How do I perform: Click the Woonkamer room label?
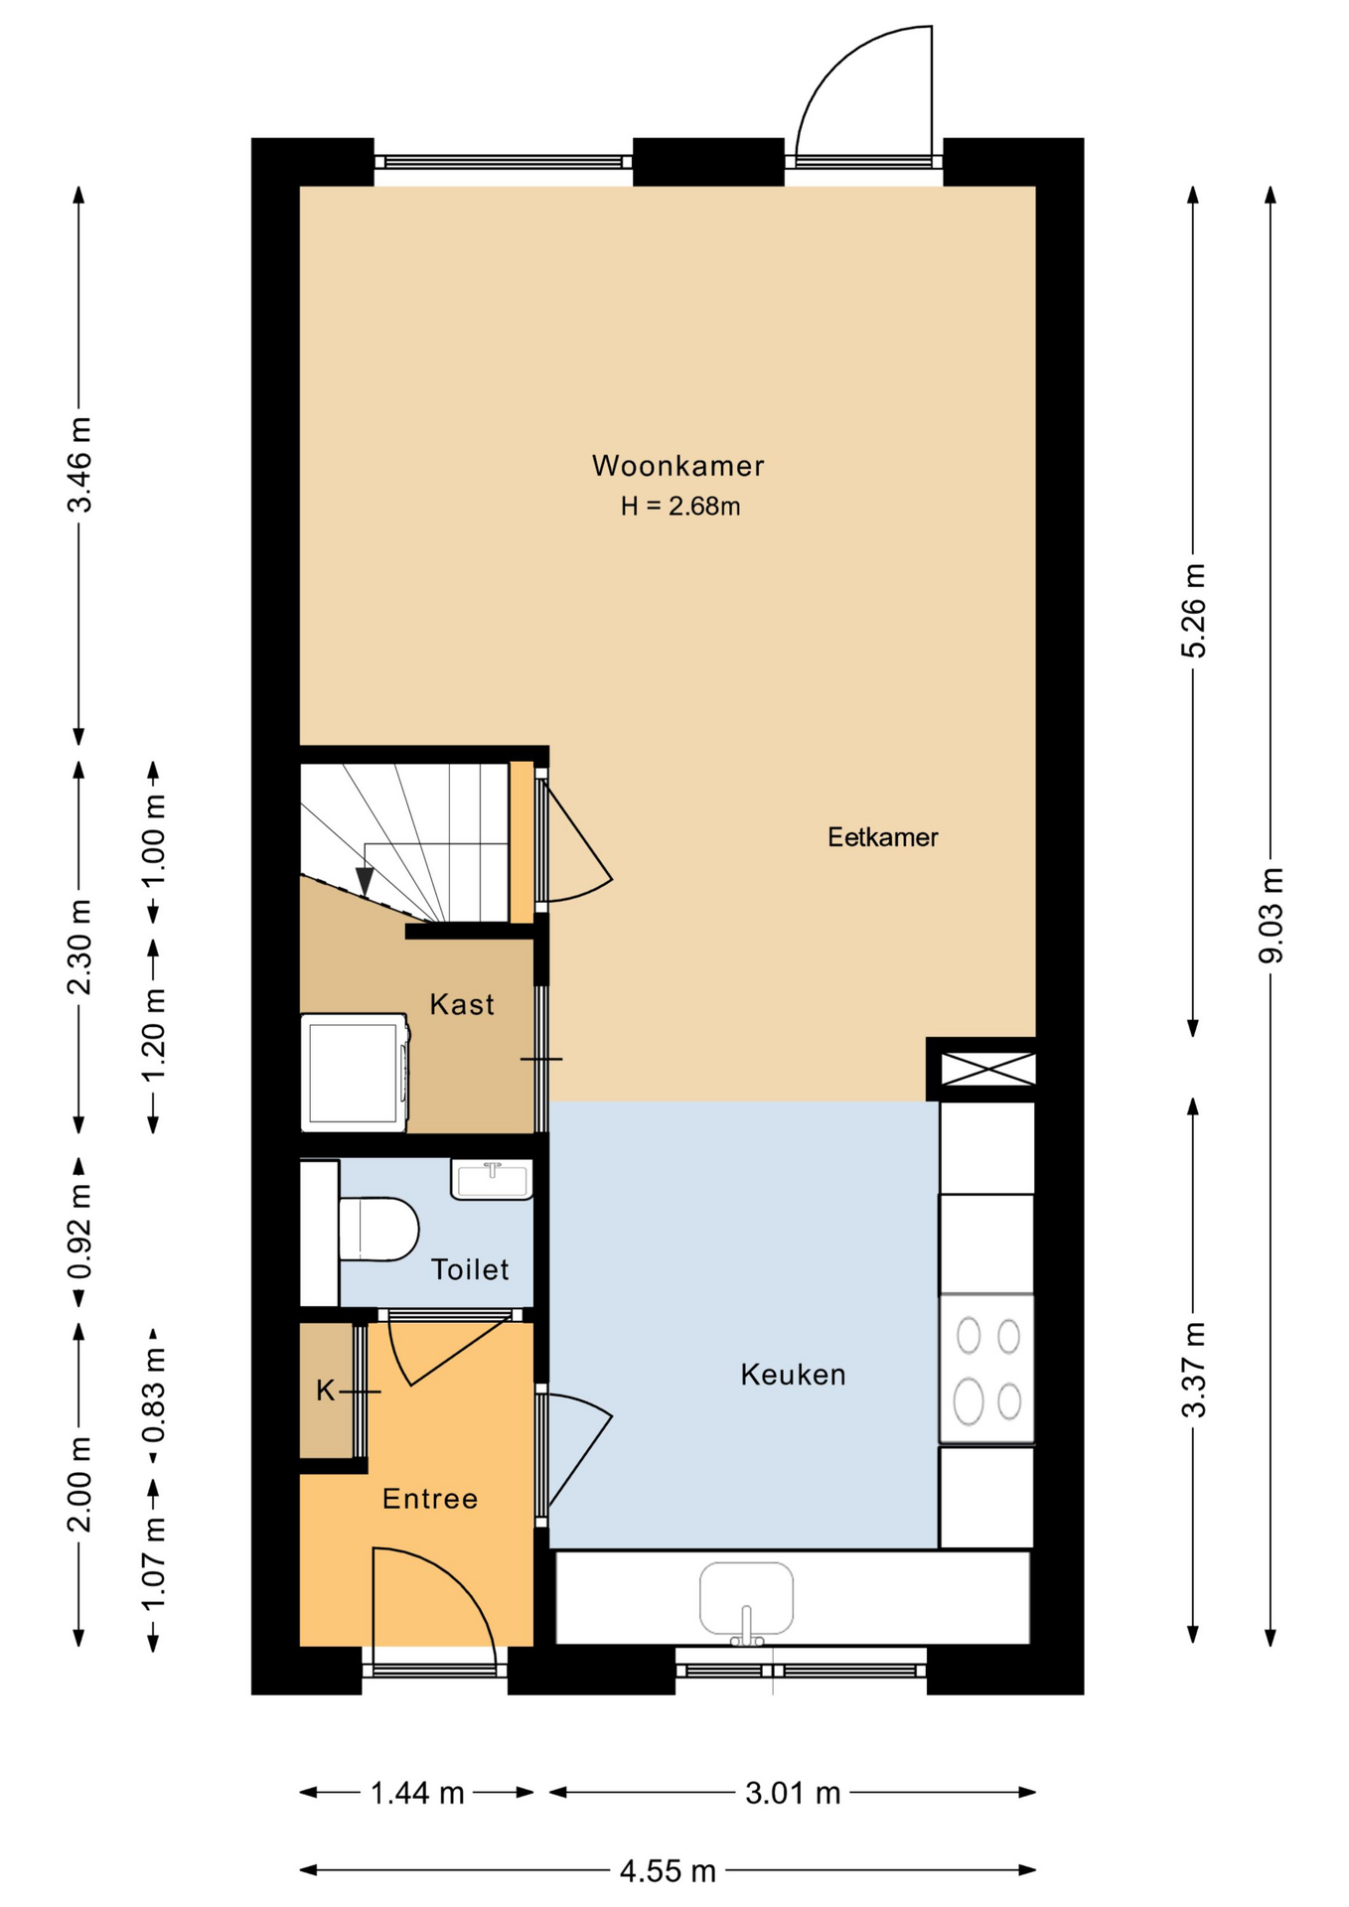pos(677,465)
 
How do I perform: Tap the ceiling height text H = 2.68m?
pos(680,506)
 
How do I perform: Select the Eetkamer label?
pos(882,836)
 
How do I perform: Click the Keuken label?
pos(793,1375)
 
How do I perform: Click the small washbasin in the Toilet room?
pos(492,1179)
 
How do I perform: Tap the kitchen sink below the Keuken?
pos(746,1600)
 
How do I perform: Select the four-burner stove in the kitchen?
pos(986,1368)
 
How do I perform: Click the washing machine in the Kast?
pos(355,1073)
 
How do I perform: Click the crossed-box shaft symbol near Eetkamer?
pos(987,1069)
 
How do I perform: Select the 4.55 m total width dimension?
pos(668,1871)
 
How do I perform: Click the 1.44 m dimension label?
pos(417,1793)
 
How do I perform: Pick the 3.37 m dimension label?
pos(1194,1370)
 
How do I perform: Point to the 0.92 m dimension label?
pos(79,1233)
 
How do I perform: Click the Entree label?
pos(430,1499)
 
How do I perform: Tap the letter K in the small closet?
pos(325,1391)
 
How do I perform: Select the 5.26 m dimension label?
pos(1194,610)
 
